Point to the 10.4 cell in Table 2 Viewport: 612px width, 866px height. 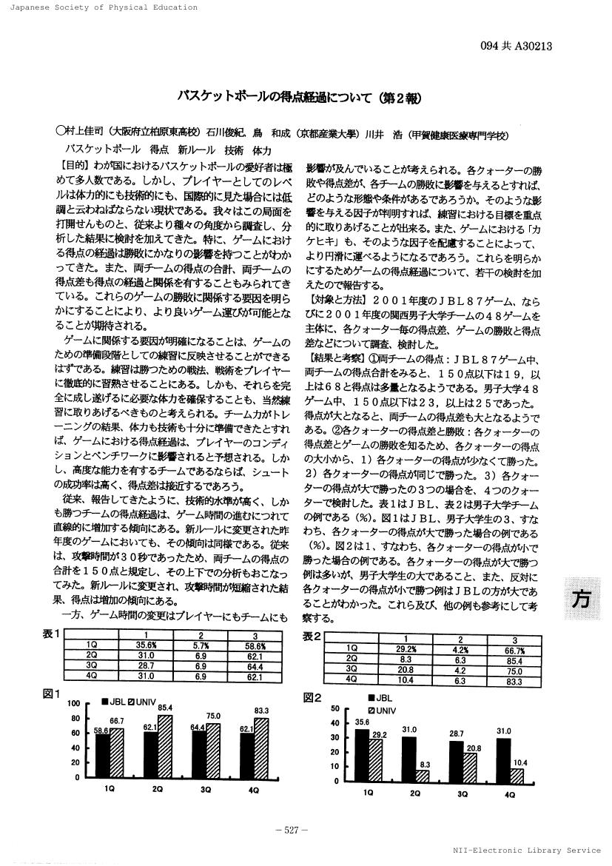[x=405, y=678]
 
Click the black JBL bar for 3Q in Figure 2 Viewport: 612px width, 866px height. [x=457, y=761]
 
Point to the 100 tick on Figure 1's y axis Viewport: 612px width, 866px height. [x=73, y=702]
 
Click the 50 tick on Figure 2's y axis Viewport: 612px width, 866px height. [x=334, y=708]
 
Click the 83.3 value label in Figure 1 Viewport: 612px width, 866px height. [x=261, y=711]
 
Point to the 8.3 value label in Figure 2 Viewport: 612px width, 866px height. [x=425, y=764]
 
